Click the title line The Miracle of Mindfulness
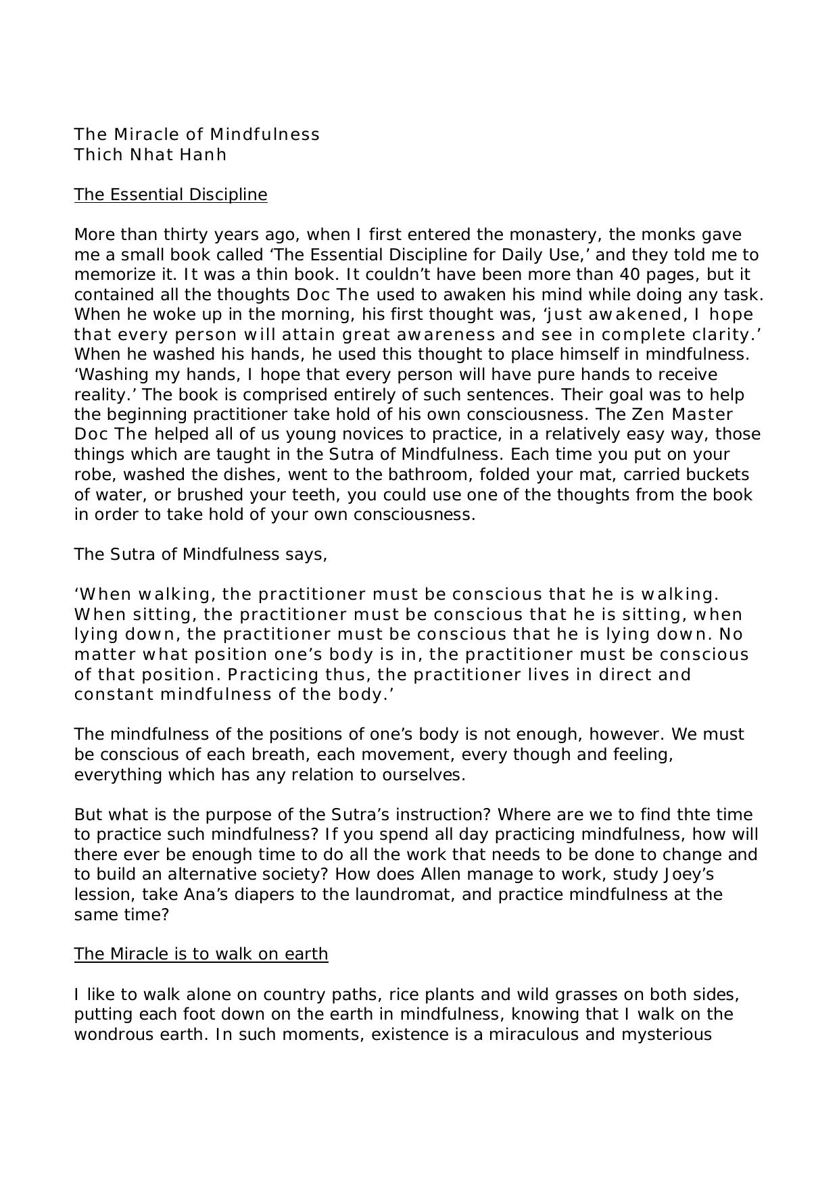coord(197,135)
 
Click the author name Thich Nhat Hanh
coord(150,155)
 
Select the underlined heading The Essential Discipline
coord(170,195)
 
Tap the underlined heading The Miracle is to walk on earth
coord(201,954)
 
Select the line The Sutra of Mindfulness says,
coord(201,554)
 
